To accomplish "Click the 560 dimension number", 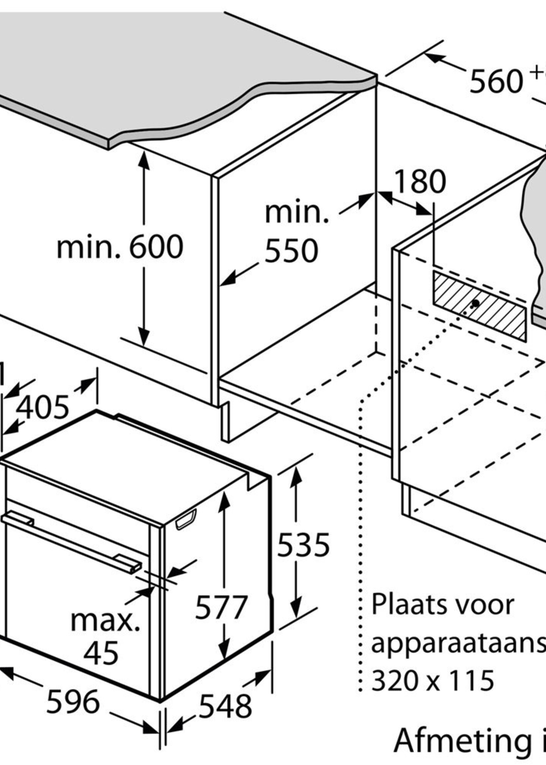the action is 496,82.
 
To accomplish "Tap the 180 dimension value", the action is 420,182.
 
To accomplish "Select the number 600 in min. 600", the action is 156,247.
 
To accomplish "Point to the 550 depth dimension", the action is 291,251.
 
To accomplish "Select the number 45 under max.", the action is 101,653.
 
